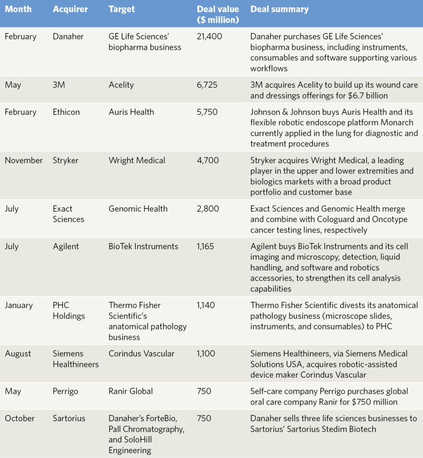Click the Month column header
click(18, 9)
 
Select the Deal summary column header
click(279, 9)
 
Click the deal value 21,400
click(210, 37)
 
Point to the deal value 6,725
click(207, 85)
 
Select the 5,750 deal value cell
click(207, 112)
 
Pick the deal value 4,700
click(208, 160)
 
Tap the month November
click(24, 160)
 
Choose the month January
click(19, 305)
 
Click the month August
click(18, 354)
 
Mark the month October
click(20, 418)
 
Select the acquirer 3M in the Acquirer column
click(59, 85)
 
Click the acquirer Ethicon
click(66, 112)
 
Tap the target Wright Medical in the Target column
click(137, 160)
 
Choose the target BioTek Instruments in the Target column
click(143, 246)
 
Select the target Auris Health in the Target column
click(131, 112)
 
